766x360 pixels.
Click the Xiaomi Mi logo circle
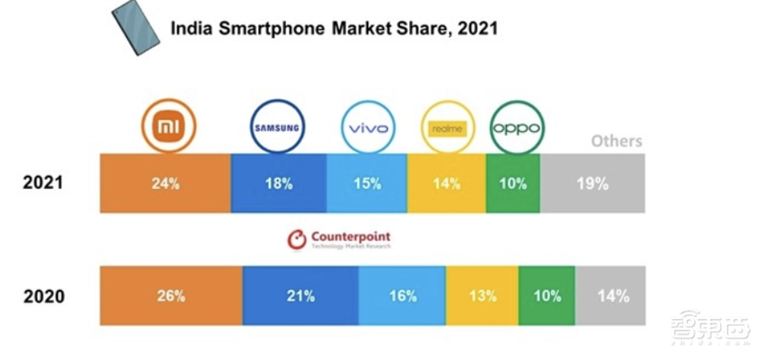(x=169, y=127)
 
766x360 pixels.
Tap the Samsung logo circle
(x=276, y=128)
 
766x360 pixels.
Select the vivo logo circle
(x=368, y=128)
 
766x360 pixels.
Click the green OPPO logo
(x=516, y=128)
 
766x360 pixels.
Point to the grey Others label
(x=616, y=141)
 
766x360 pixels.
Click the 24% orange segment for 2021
(x=165, y=183)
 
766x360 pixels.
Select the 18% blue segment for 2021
(x=279, y=183)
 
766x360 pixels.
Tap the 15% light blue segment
(x=367, y=183)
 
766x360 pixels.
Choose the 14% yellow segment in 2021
(x=447, y=183)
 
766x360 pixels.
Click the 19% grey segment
(x=592, y=183)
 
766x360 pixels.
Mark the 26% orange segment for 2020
(x=171, y=296)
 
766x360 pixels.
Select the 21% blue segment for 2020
(x=301, y=296)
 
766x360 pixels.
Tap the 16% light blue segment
(x=402, y=296)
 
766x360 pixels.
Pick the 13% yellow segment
(x=482, y=296)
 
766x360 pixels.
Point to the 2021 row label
(x=42, y=183)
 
